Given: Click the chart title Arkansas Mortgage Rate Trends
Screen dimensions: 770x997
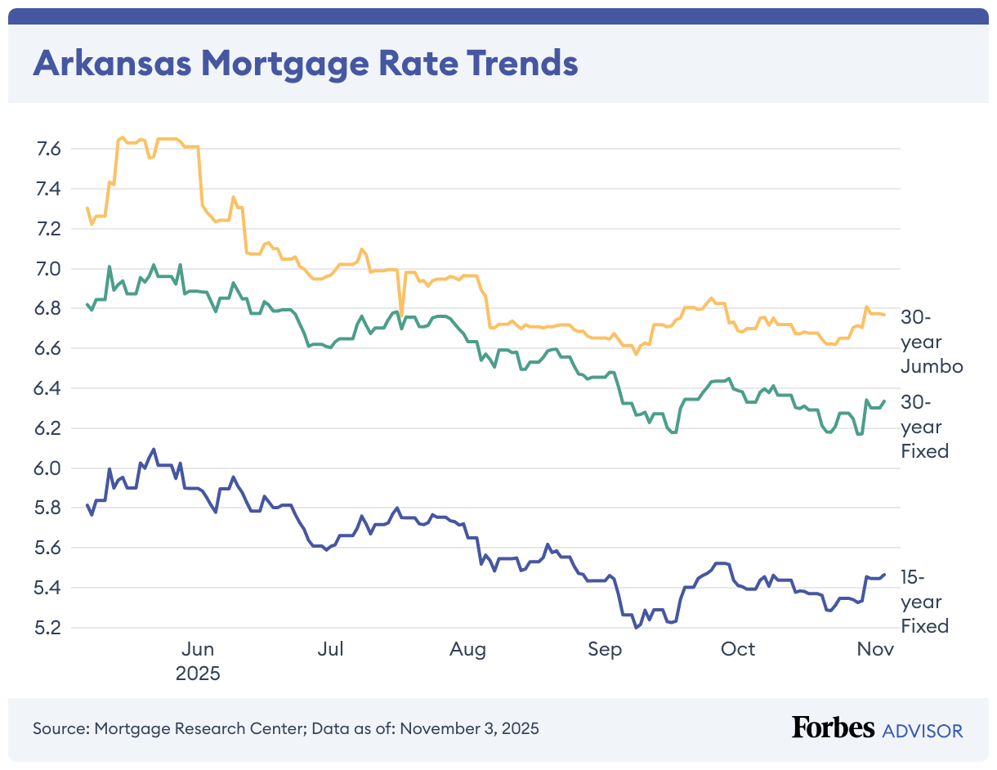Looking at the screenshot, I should pyautogui.click(x=305, y=63).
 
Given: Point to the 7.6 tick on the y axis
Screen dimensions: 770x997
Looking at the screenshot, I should pyautogui.click(x=49, y=149).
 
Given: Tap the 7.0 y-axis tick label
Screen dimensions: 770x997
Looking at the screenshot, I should pyautogui.click(x=49, y=269).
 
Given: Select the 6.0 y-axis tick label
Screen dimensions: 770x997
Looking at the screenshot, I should pyautogui.click(x=49, y=468).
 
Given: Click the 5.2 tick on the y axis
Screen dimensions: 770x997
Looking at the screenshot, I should pyautogui.click(x=49, y=628).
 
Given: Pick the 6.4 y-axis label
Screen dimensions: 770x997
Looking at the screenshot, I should pyautogui.click(x=49, y=388).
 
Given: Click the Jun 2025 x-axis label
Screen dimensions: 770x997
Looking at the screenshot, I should pyautogui.click(x=198, y=661).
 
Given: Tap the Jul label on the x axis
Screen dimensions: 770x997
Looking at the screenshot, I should pyautogui.click(x=330, y=649).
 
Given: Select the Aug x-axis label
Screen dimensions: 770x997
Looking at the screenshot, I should pyautogui.click(x=467, y=649).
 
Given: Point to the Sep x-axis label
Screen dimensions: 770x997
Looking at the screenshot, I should pyautogui.click(x=604, y=649).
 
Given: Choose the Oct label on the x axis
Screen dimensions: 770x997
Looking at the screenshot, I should pyautogui.click(x=738, y=649).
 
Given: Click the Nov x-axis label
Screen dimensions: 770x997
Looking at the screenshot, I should pyautogui.click(x=875, y=649).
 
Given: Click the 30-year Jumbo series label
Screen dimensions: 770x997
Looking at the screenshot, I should pyautogui.click(x=932, y=342).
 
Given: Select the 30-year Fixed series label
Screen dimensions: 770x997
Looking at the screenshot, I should pyautogui.click(x=924, y=426).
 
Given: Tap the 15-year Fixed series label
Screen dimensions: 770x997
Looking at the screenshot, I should pyautogui.click(x=924, y=602).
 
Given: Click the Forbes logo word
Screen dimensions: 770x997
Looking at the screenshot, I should pyautogui.click(x=833, y=727).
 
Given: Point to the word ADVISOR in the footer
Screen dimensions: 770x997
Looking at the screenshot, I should pyautogui.click(x=923, y=730).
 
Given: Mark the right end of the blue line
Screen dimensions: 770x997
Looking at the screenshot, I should pyautogui.click(x=884, y=574).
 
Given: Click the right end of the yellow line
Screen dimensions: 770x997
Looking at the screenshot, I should pyautogui.click(x=884, y=315).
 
